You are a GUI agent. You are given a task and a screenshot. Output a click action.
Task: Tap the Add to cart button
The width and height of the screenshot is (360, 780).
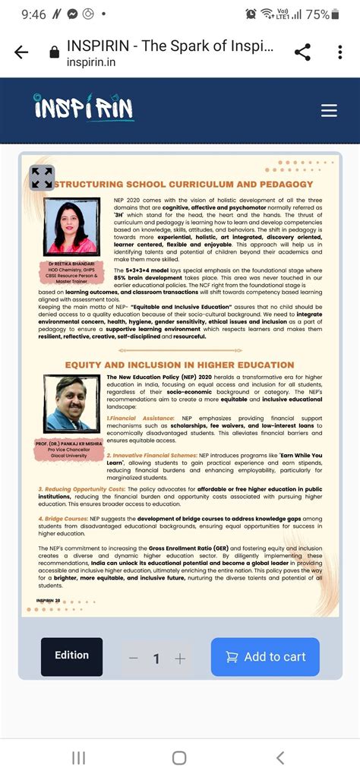coord(265,657)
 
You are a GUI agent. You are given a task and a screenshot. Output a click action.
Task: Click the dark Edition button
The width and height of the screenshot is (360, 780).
coord(71,656)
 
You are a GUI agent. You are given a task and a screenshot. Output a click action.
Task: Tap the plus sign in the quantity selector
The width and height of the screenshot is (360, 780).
coord(180,658)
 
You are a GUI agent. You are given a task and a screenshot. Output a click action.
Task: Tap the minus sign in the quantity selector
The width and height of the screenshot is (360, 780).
coord(134,658)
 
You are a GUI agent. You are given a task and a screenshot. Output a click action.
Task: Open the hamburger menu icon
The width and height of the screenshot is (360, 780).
coord(329,111)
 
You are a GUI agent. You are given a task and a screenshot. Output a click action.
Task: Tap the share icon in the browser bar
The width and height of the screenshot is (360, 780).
coord(302,52)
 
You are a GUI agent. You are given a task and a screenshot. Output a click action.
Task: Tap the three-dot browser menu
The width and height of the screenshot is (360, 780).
coord(339,52)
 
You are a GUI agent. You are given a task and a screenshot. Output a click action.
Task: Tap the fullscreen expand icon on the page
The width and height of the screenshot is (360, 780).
coord(42,178)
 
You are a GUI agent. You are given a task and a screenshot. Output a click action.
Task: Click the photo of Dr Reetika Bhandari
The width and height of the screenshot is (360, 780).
coord(71,227)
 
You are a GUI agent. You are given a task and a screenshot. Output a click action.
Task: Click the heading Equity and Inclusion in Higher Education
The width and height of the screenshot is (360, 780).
coord(179,365)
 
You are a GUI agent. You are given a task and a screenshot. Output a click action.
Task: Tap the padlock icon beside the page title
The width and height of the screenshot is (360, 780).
coord(54,52)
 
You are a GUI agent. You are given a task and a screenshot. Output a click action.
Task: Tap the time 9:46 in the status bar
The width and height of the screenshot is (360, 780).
coord(34,14)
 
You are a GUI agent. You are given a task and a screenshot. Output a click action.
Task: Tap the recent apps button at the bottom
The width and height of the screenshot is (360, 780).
coord(78,757)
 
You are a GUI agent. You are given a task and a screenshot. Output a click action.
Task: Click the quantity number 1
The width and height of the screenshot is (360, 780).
coord(156,658)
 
